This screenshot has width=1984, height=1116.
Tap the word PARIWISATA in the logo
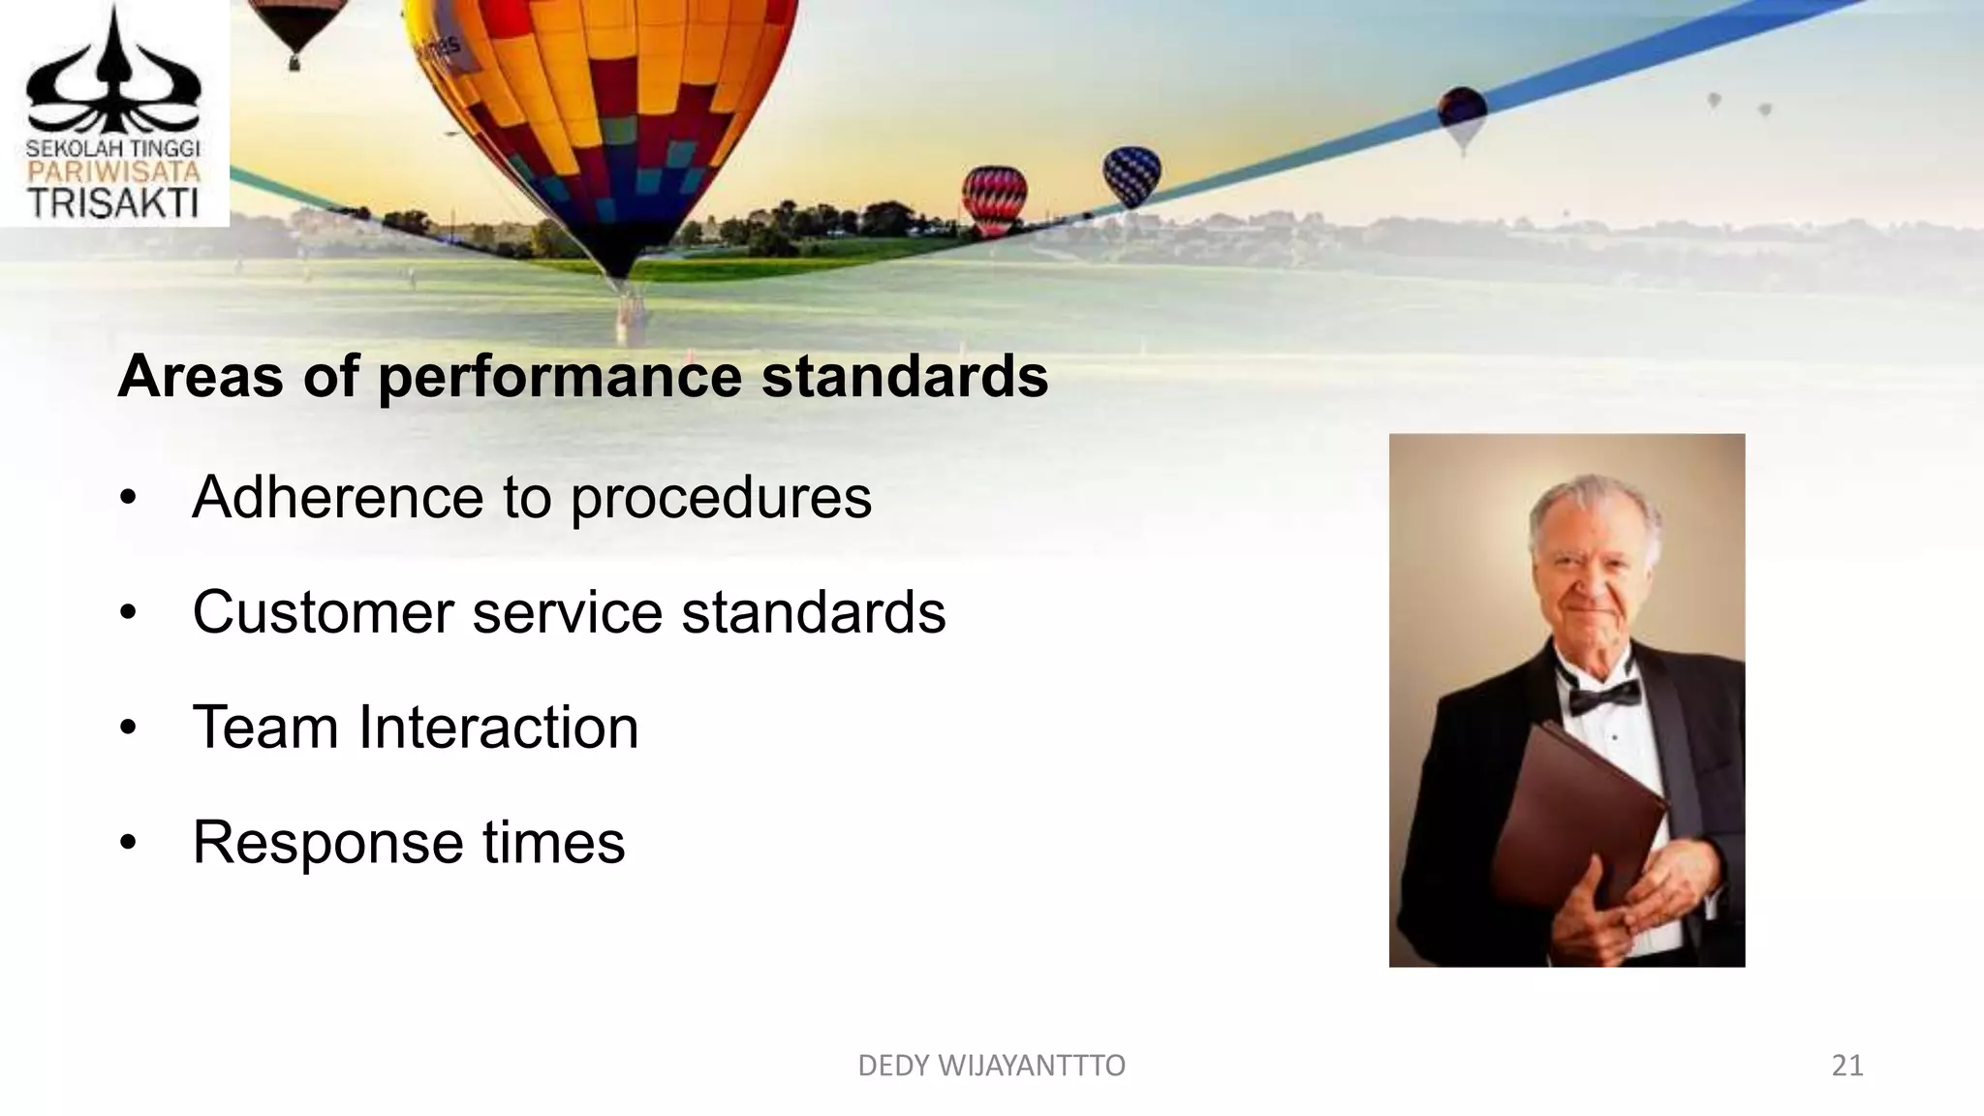pyautogui.click(x=113, y=173)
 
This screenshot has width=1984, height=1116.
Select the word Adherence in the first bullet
pyautogui.click(x=336, y=498)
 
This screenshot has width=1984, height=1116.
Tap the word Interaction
pyautogui.click(x=498, y=728)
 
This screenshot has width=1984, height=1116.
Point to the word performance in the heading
pyautogui.click(x=560, y=378)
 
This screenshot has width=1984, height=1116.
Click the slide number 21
pyautogui.click(x=1846, y=1066)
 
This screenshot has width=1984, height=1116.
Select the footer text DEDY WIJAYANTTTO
pyautogui.click(x=991, y=1066)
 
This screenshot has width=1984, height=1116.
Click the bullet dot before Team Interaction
pyautogui.click(x=128, y=728)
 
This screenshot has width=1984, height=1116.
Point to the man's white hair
pyautogui.click(x=1589, y=509)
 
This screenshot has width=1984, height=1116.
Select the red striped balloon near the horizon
pyautogui.click(x=994, y=198)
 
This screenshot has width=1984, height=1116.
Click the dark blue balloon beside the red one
pyautogui.click(x=1131, y=174)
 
